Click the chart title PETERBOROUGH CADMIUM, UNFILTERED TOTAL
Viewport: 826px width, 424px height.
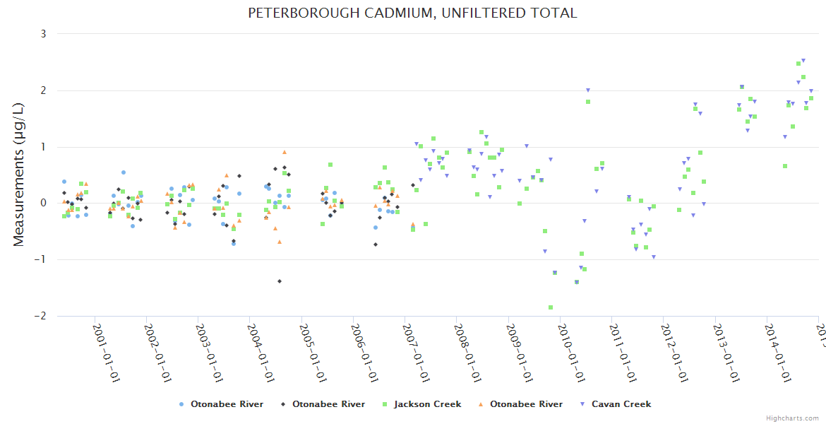[412, 13]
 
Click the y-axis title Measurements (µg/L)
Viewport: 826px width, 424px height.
[19, 175]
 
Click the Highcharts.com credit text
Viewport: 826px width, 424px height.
[792, 418]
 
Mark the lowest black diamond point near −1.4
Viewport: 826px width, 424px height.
[280, 281]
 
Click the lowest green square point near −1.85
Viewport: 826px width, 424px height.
[551, 307]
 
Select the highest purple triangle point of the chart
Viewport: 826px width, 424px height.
[803, 61]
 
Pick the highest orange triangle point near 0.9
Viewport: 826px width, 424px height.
[285, 152]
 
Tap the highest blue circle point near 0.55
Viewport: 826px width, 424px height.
[124, 172]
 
